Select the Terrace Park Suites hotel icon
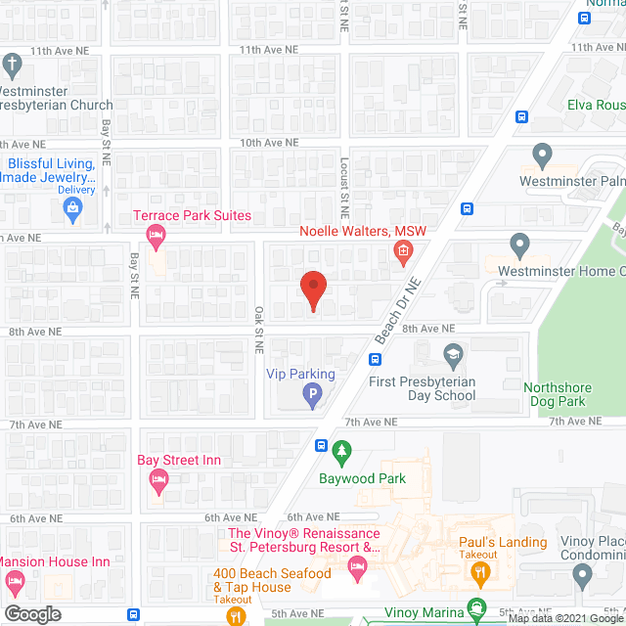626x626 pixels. point(155,236)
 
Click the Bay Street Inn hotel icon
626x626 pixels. point(158,479)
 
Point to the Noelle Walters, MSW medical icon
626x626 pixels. point(402,253)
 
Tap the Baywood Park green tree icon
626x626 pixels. point(341,453)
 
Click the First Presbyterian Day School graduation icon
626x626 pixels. point(452,354)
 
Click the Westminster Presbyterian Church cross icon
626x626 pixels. point(12,67)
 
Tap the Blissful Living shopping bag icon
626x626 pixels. point(72,207)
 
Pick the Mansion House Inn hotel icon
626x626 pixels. point(15,583)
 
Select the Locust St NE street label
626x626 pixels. point(344,187)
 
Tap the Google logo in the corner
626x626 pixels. point(32,613)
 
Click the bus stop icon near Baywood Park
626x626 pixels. point(321,445)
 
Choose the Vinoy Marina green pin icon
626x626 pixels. point(476,607)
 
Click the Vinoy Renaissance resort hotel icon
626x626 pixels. point(358,565)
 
